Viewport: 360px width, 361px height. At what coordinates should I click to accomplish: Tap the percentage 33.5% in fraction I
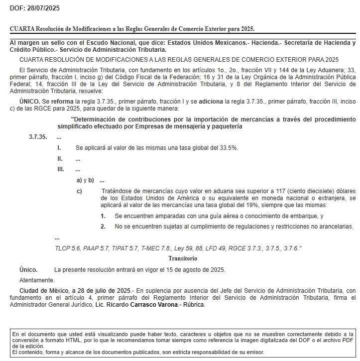(227, 148)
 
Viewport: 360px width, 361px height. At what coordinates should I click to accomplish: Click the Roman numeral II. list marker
(60, 159)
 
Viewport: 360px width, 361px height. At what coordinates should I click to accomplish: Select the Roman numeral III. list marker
(61, 170)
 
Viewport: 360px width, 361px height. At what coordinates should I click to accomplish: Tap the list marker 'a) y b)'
(85, 180)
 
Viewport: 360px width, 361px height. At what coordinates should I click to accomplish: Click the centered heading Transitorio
(183, 258)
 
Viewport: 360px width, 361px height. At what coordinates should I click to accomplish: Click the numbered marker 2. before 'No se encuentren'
(103, 226)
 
